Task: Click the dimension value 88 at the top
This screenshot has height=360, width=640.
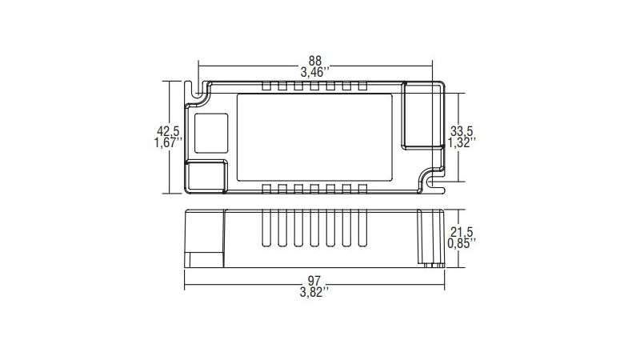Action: coord(316,60)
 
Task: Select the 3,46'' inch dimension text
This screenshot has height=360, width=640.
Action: coord(316,72)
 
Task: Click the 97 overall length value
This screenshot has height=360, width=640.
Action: coord(314,280)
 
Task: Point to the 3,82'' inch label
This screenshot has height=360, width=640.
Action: coord(314,292)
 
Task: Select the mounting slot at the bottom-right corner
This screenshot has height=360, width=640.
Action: coord(436,182)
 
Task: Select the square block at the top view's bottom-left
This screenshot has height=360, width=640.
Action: coord(206,175)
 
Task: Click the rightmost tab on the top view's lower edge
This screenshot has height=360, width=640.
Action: coord(363,189)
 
